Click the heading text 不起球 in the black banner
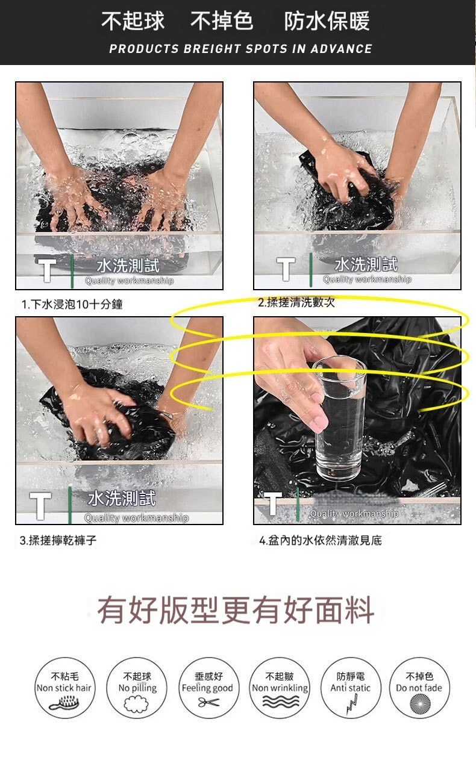coord(133,20)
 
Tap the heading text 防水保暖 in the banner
coord(327,20)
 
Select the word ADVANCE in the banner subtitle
coord(341,49)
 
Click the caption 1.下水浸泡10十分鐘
coord(72,304)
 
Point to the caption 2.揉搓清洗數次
coord(296,302)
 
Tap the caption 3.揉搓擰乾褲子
coord(58,540)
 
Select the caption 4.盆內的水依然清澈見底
coord(321,540)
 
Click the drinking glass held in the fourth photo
coord(340,417)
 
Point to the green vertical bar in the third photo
coord(70,505)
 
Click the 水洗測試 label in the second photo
coord(366,264)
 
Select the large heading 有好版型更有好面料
coord(236,609)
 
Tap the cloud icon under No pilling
coord(136,703)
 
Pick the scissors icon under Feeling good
coord(208,702)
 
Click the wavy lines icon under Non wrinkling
coord(281,702)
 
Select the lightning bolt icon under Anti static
coord(352,705)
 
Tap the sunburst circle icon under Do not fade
coord(420,704)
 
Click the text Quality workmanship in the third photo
coord(136,518)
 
